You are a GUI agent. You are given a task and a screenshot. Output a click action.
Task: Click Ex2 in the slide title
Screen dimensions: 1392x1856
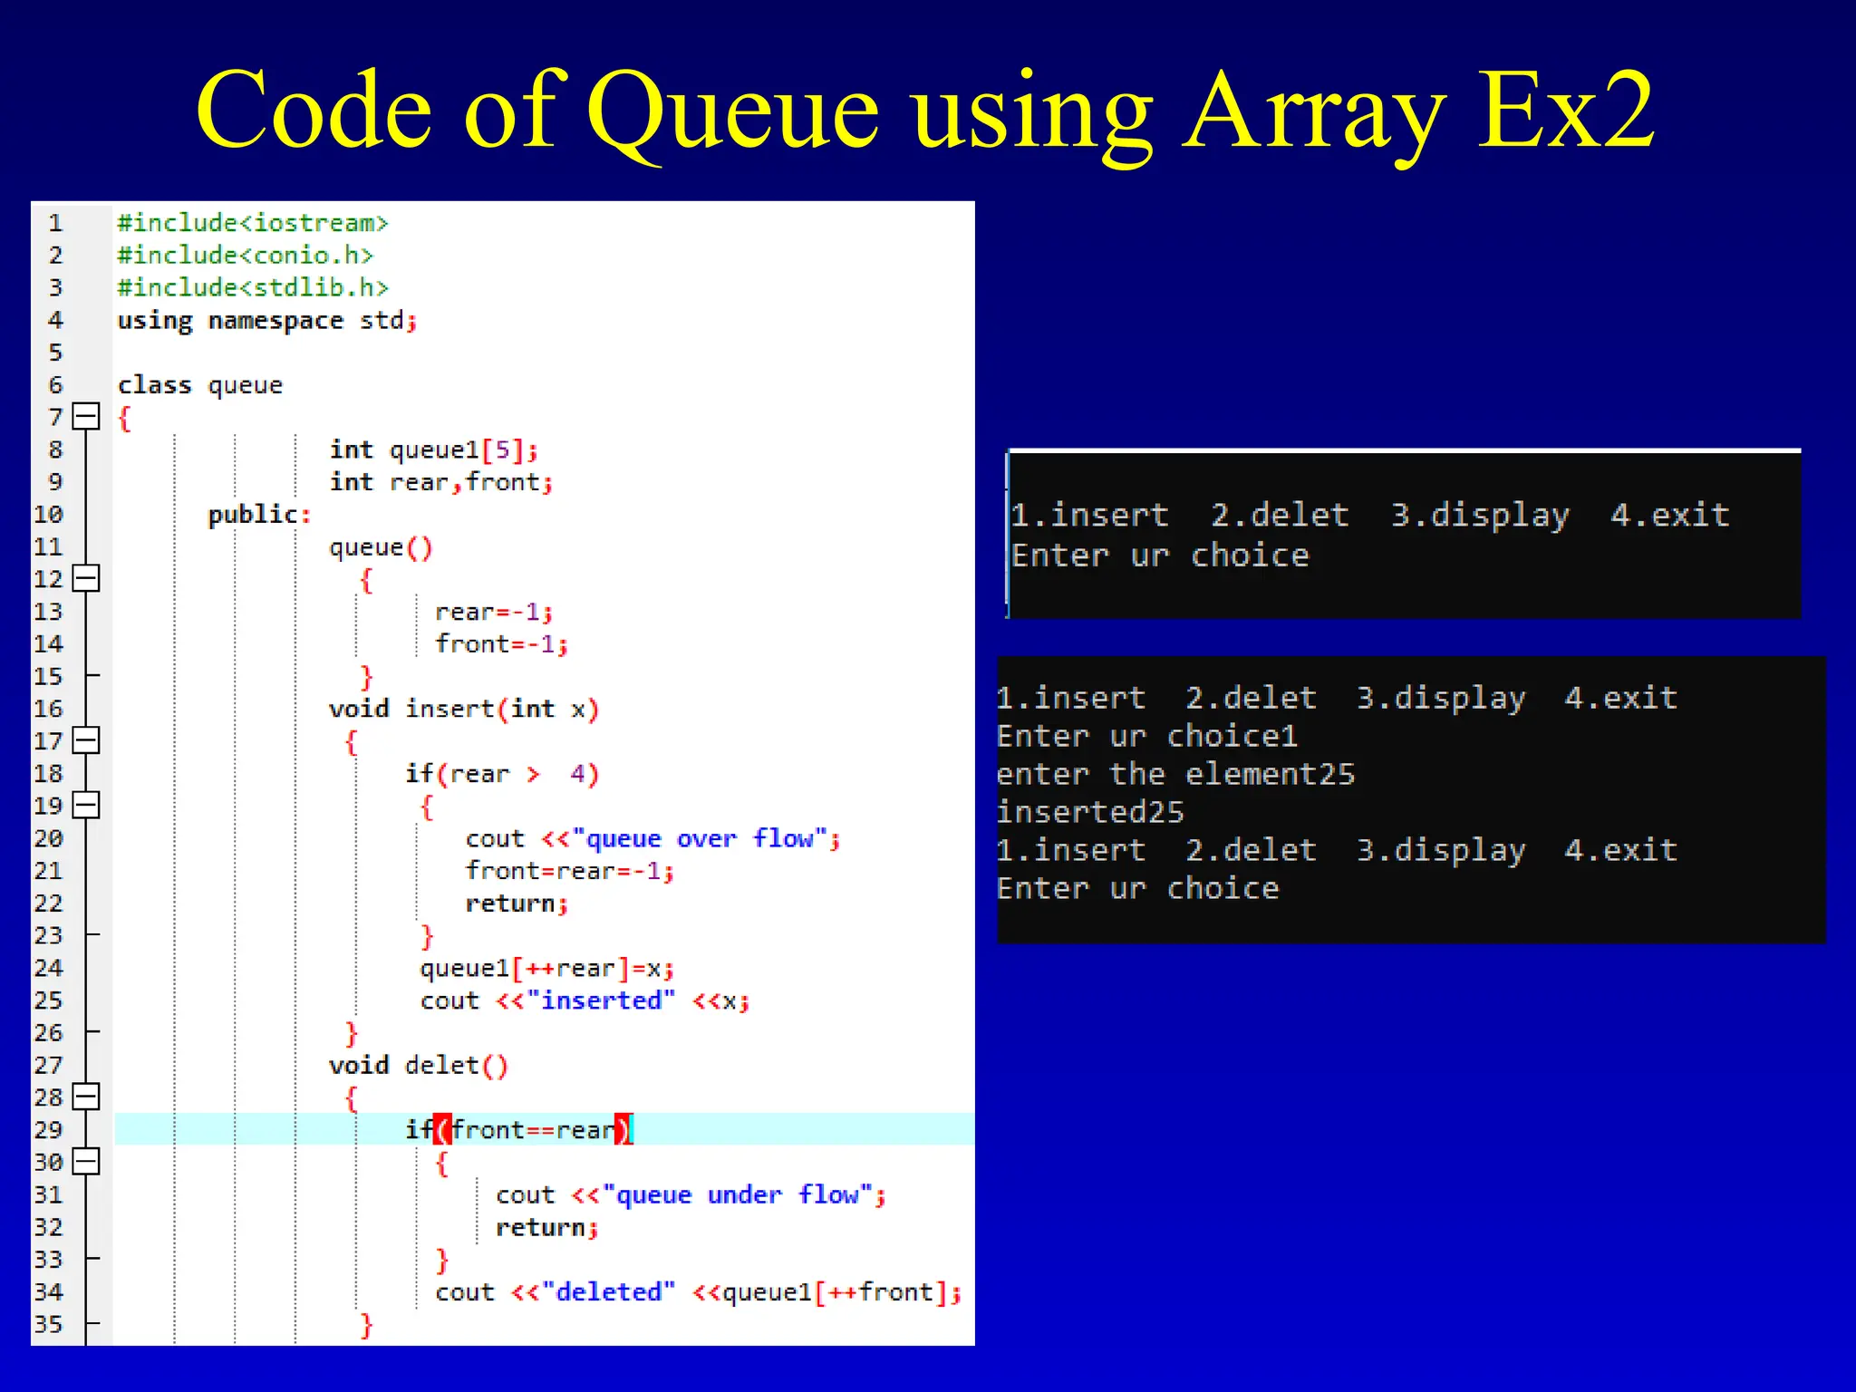click(1565, 111)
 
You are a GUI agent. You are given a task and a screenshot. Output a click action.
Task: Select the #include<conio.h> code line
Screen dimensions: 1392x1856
click(245, 256)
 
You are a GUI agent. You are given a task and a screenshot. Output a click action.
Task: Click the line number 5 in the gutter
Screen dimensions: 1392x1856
click(55, 353)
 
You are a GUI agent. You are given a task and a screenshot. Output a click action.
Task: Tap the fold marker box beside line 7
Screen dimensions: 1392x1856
click(86, 416)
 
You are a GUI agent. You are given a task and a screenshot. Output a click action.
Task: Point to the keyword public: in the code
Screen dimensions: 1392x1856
click(259, 515)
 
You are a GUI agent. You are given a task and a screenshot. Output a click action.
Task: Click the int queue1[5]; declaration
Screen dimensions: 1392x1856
click(433, 450)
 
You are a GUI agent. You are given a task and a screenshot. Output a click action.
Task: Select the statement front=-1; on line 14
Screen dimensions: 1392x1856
click(501, 644)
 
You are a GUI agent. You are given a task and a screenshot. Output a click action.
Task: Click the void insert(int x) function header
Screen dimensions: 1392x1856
click(463, 709)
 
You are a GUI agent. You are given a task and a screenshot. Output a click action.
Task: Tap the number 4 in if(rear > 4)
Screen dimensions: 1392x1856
click(578, 774)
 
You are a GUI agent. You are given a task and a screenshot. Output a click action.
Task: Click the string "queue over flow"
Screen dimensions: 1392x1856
click(700, 838)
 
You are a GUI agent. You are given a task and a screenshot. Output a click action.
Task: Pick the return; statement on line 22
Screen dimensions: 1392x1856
click(516, 904)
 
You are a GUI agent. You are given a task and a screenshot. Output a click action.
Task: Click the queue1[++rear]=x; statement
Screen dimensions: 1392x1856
click(546, 969)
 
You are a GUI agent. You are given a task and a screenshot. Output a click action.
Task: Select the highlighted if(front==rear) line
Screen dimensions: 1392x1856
click(517, 1130)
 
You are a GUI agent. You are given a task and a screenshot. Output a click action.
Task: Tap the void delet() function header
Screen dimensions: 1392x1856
click(418, 1066)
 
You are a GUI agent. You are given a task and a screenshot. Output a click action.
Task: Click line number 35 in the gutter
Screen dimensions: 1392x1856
click(48, 1325)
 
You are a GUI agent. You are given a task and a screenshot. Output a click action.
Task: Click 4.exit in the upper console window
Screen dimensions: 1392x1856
click(1669, 516)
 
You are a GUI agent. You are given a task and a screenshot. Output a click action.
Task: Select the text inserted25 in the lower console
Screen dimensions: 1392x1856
click(1090, 812)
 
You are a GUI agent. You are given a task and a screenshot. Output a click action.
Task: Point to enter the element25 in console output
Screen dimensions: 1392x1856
click(1175, 774)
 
